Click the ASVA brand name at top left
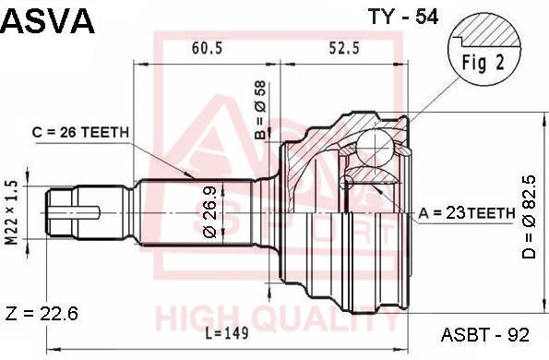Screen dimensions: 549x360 coord(48,21)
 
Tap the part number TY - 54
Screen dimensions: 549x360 coord(402,17)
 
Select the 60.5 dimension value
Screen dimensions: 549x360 coord(207,48)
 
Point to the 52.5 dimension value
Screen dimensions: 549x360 coord(344,48)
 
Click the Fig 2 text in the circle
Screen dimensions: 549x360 coord(483,63)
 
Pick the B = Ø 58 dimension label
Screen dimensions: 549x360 coord(260,111)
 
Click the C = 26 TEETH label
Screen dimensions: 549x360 coord(80,132)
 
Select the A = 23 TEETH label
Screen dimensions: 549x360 coord(467,212)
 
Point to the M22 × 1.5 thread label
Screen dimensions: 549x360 coord(12,212)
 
